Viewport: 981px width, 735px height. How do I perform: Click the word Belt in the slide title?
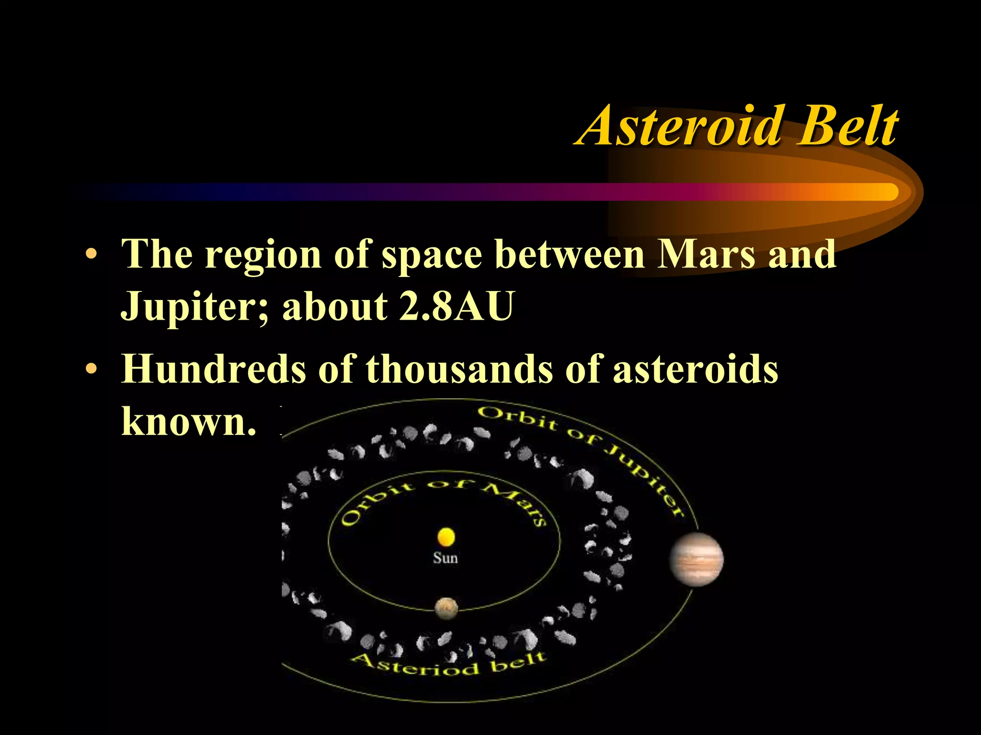tap(847, 126)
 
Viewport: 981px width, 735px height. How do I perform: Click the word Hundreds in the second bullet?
tap(213, 369)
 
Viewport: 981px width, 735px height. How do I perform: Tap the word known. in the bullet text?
tap(189, 421)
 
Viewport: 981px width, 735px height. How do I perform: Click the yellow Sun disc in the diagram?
tap(446, 537)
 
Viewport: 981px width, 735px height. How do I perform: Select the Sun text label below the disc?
tap(445, 558)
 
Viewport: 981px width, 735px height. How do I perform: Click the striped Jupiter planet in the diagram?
tap(696, 559)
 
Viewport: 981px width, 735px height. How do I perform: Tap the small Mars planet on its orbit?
tap(446, 608)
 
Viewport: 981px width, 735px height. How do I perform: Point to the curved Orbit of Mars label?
tap(443, 498)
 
